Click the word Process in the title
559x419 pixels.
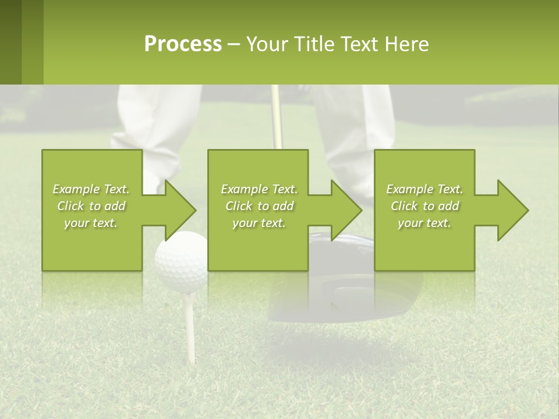coord(183,44)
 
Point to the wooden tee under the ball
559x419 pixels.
coord(189,320)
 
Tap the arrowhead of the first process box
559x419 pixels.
coord(178,210)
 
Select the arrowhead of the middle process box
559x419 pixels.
coord(344,210)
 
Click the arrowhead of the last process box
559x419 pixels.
coord(510,210)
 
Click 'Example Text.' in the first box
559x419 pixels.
coord(91,189)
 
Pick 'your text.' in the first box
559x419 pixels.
coord(91,223)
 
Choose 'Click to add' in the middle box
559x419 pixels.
coord(259,206)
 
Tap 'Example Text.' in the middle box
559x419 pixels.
coord(259,189)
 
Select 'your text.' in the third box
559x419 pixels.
coord(424,223)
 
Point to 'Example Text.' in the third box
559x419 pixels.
coord(424,189)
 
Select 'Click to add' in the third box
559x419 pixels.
coord(424,206)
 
